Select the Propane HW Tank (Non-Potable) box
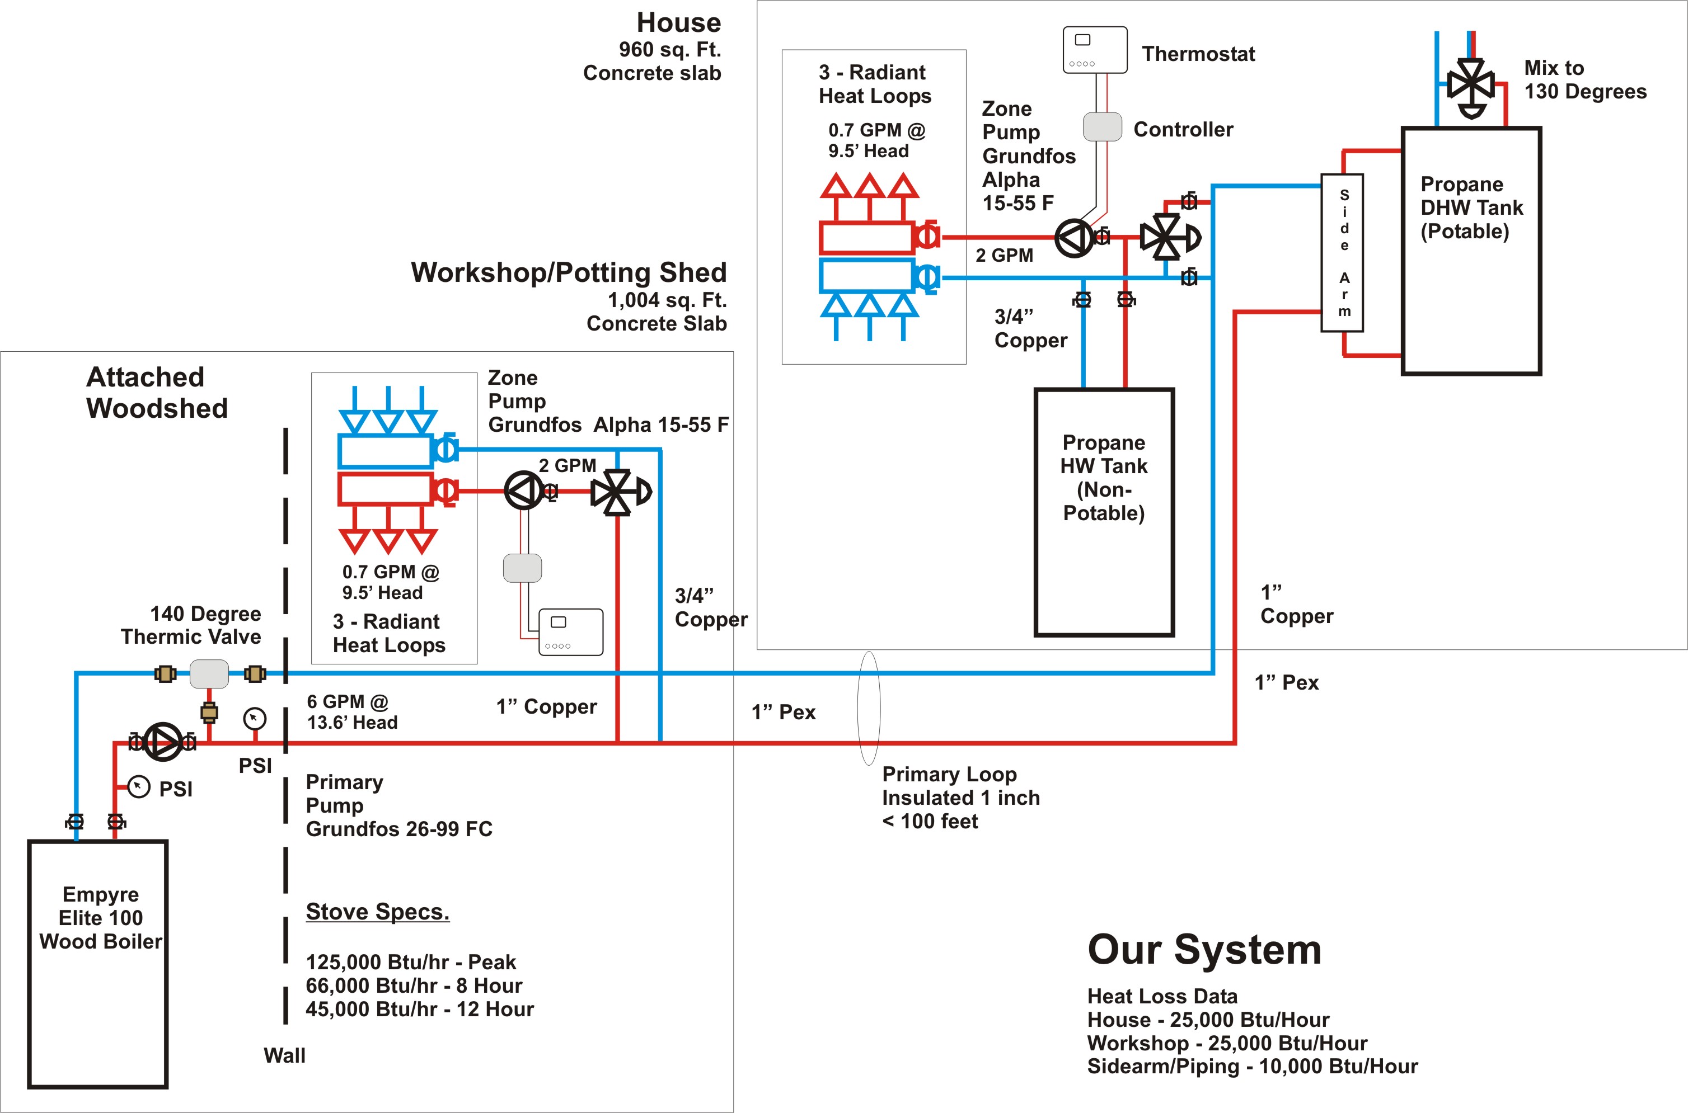pos(1104,512)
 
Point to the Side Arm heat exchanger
pos(1342,253)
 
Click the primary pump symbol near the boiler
pos(163,742)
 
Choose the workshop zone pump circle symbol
pos(523,491)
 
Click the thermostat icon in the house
pos(1094,50)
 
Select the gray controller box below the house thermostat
pos(1102,127)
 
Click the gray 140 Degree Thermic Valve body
pos(209,673)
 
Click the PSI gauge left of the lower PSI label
pos(138,786)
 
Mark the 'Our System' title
pos(1204,950)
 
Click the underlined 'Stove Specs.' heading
pos(377,912)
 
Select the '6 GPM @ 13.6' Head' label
pos(351,712)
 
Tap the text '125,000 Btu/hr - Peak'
pos(410,963)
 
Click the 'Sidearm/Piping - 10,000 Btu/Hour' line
pos(1252,1066)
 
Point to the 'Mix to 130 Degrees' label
pos(1584,79)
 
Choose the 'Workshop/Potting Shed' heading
pos(568,272)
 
